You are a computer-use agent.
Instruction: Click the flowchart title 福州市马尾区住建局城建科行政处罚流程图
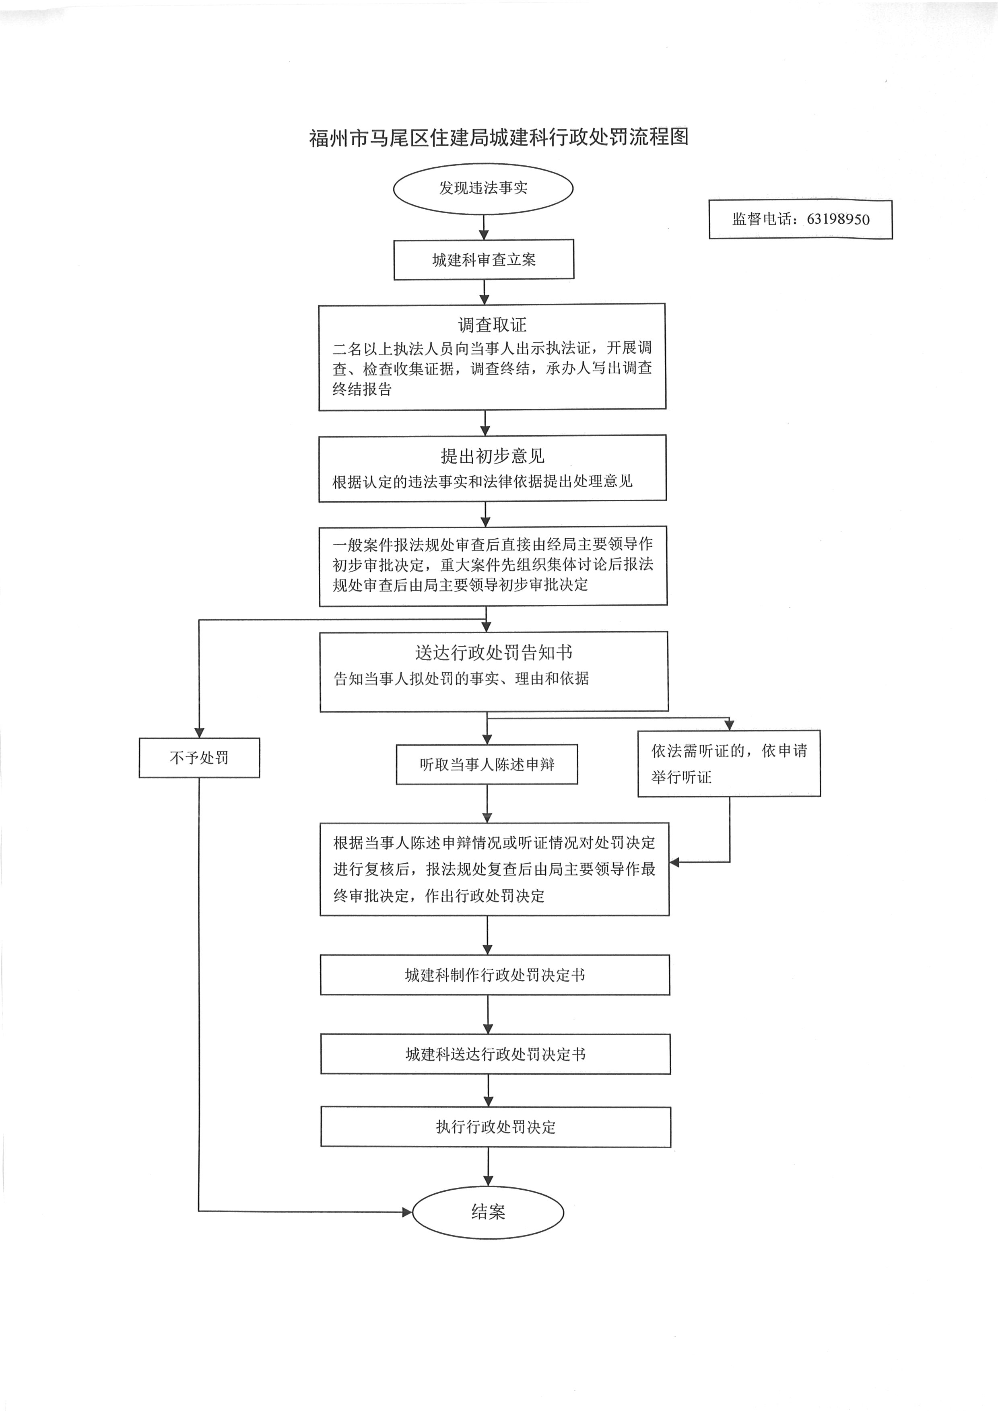(x=498, y=137)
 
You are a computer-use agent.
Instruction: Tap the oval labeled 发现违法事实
(x=483, y=188)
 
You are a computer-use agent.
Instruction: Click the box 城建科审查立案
(x=484, y=260)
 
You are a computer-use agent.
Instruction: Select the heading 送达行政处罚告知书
(x=493, y=652)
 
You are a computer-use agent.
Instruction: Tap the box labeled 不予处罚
(x=199, y=758)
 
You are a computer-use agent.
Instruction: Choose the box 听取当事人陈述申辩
(x=487, y=764)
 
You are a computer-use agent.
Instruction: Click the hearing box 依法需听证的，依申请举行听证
(x=729, y=763)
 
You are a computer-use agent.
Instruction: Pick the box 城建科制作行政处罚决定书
(x=495, y=975)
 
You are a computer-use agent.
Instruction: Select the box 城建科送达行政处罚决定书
(x=495, y=1055)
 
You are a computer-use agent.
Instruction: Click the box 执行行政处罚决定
(x=495, y=1127)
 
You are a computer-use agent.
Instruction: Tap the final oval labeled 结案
(x=488, y=1212)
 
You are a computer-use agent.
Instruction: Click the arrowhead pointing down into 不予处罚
(x=199, y=733)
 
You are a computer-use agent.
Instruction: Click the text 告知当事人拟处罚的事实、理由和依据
(x=461, y=678)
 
